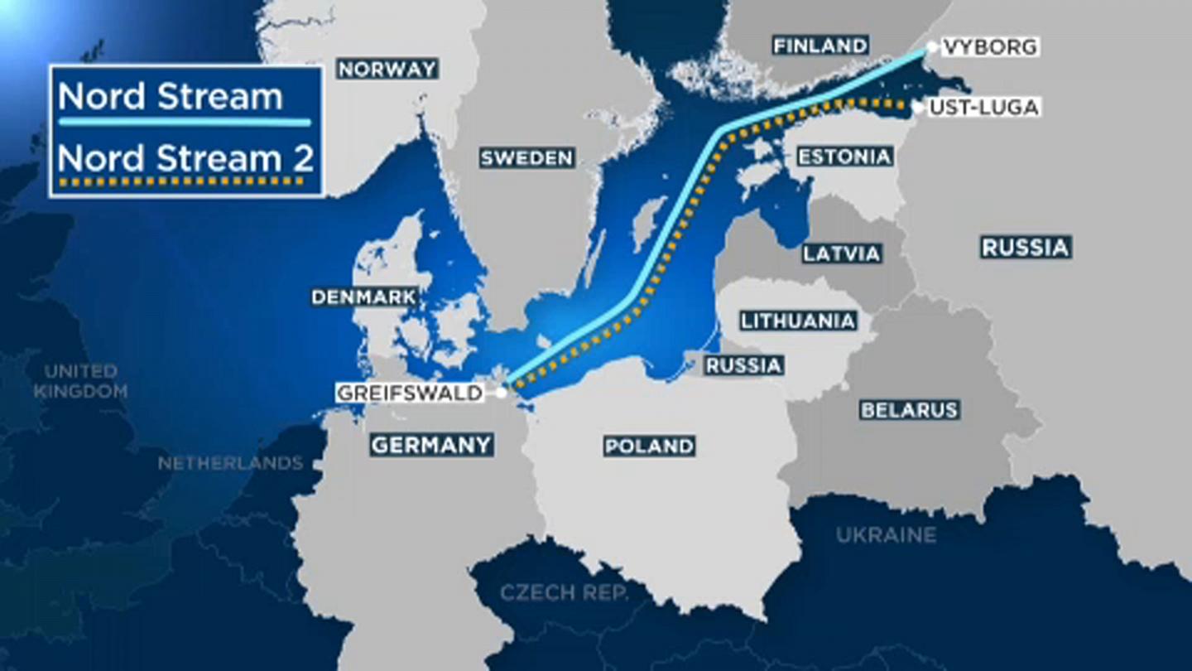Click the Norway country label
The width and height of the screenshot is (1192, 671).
387,69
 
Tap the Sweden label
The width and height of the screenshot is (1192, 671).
526,157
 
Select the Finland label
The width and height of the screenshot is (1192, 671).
820,45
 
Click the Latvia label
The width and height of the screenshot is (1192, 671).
841,253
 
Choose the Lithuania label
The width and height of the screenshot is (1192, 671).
798,321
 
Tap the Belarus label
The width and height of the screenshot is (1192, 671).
909,409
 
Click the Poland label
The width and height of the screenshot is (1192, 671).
649,447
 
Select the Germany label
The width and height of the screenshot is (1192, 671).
431,445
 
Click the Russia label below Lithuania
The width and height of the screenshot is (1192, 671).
743,364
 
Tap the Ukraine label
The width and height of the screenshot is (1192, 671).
886,535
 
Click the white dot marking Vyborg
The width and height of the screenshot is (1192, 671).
933,47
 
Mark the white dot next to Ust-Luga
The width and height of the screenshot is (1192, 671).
917,107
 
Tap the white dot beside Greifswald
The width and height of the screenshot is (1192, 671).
501,393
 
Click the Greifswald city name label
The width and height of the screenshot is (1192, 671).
409,393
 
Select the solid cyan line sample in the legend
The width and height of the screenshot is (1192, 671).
184,123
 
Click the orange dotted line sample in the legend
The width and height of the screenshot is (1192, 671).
184,181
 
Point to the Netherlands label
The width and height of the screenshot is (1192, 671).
230,463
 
